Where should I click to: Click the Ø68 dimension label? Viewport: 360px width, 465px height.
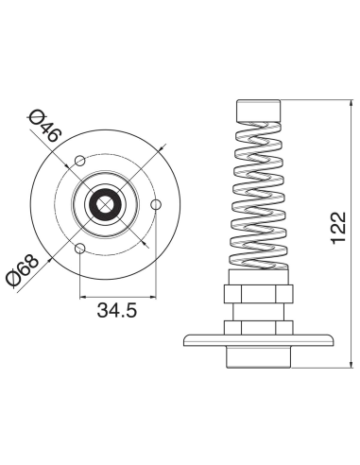point(20,270)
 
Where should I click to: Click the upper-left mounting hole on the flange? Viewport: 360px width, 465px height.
point(81,157)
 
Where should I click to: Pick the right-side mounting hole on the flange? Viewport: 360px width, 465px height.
point(157,203)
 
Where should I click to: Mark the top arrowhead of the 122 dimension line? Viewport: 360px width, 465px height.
point(349,100)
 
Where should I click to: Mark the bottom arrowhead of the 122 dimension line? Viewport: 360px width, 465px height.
point(349,362)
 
